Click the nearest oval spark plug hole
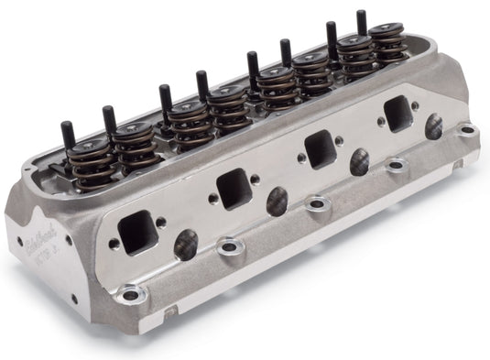[x=186, y=244]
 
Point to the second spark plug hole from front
[x=277, y=201]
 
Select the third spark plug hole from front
[x=361, y=161]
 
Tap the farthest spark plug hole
[x=433, y=127]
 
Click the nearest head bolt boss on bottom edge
[x=132, y=294]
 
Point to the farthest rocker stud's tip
[x=362, y=16]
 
